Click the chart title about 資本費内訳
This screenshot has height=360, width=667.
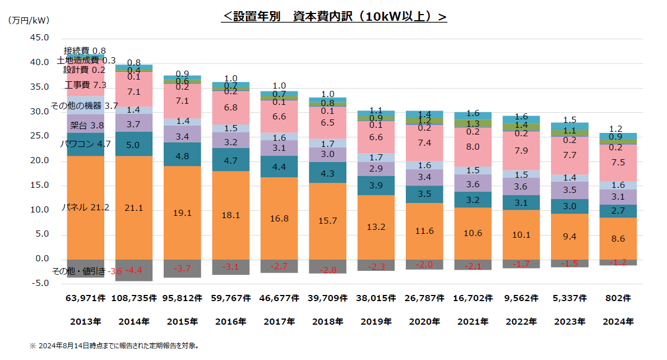(x=334, y=17)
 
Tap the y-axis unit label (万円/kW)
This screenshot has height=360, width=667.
(x=29, y=21)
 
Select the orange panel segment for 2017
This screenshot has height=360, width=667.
(x=279, y=218)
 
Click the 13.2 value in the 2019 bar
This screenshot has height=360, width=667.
(x=375, y=227)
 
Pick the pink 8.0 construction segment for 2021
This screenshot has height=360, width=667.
(x=473, y=147)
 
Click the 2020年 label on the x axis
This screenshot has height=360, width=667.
(x=424, y=322)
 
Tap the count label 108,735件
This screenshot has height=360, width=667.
(x=133, y=299)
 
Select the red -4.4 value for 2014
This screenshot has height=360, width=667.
(x=133, y=271)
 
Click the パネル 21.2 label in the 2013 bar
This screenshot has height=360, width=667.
(x=85, y=207)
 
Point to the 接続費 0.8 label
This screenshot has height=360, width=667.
(x=84, y=51)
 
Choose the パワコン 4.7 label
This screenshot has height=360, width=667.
(x=85, y=144)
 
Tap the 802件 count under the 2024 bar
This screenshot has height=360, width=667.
(x=618, y=299)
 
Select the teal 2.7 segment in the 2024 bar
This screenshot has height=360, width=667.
(x=618, y=211)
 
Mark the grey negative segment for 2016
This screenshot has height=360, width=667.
(x=230, y=267)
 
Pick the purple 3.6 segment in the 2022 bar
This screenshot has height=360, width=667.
(x=521, y=186)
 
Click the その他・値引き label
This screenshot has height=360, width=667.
(x=78, y=271)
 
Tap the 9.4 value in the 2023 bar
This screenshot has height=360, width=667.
(x=569, y=236)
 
